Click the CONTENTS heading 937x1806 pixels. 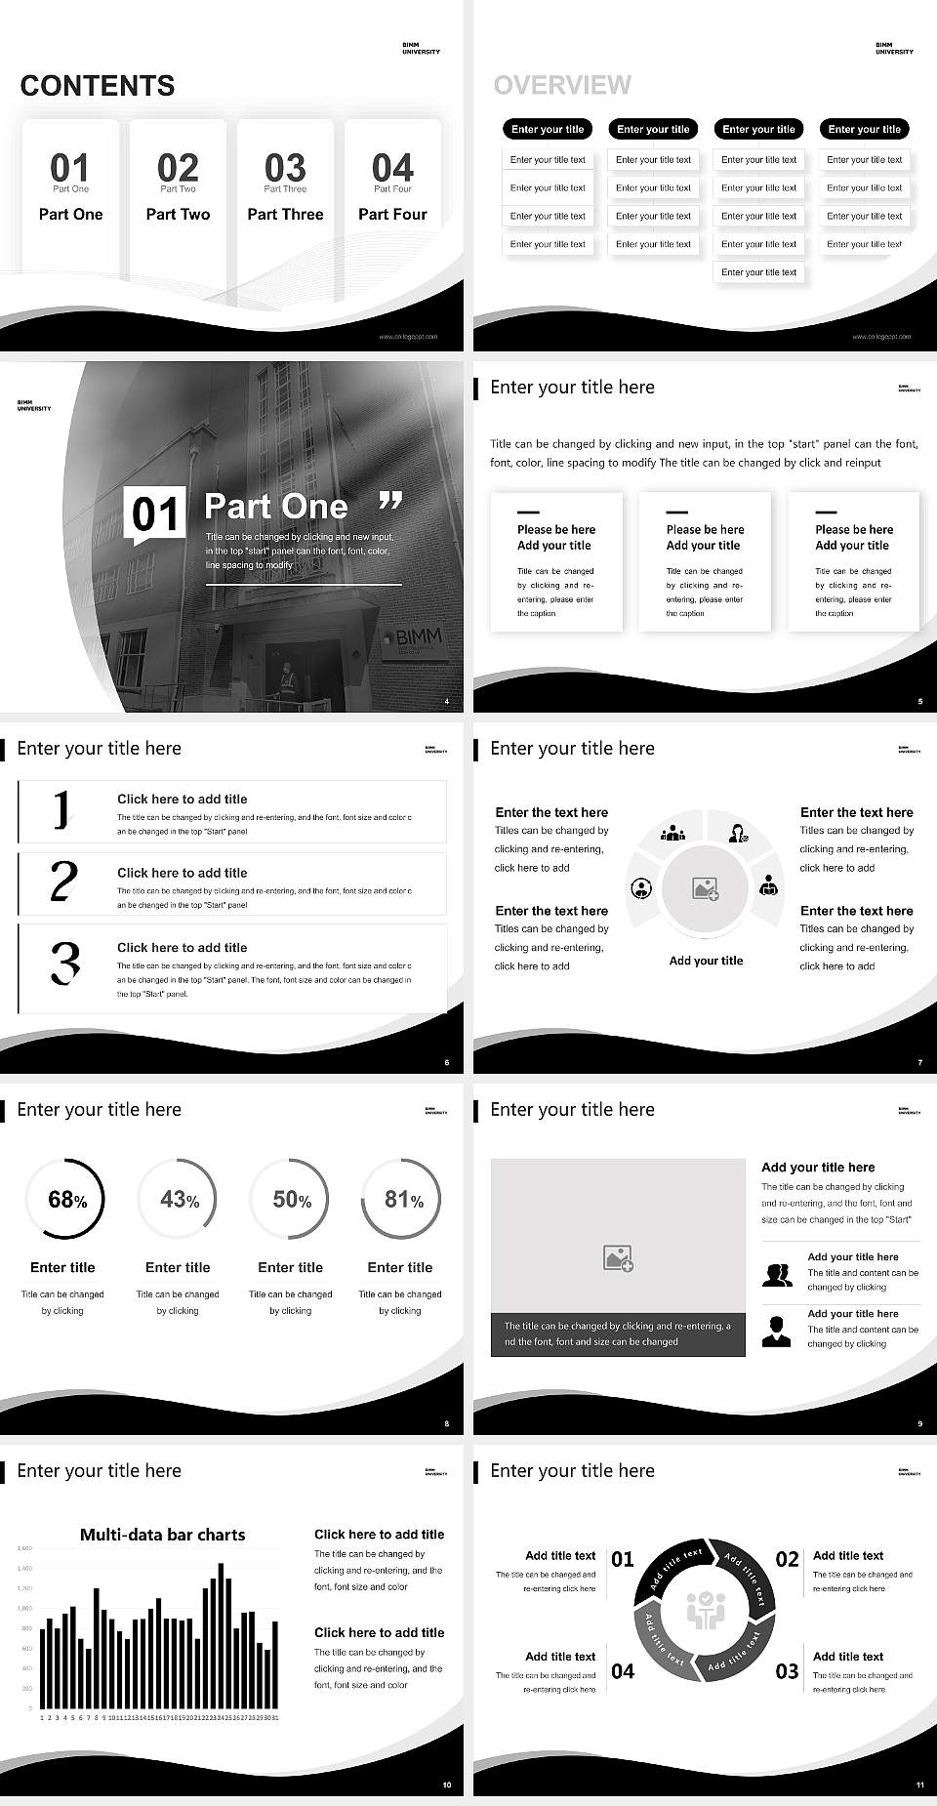pyautogui.click(x=98, y=86)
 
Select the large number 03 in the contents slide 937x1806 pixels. pyautogui.click(x=285, y=167)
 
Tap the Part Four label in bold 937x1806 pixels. pyautogui.click(x=392, y=214)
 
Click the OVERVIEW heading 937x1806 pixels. pyautogui.click(x=562, y=85)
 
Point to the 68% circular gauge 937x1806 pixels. pyautogui.click(x=63, y=1199)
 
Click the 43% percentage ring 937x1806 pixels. pyautogui.click(x=178, y=1199)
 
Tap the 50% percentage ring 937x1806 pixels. pyautogui.click(x=290, y=1199)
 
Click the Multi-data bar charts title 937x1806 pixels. pyautogui.click(x=162, y=1535)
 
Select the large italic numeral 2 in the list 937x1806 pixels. pyautogui.click(x=63, y=882)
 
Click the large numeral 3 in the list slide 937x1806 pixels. pyautogui.click(x=64, y=962)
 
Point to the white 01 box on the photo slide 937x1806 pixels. pyautogui.click(x=154, y=514)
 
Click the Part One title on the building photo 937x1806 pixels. pyautogui.click(x=276, y=506)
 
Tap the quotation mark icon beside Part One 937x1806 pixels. pyautogui.click(x=390, y=501)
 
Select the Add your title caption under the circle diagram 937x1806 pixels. pyautogui.click(x=706, y=961)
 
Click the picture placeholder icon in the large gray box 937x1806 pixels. pyautogui.click(x=618, y=1258)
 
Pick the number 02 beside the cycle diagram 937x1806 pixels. pyautogui.click(x=787, y=1559)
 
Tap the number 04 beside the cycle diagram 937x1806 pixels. pyautogui.click(x=623, y=1671)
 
